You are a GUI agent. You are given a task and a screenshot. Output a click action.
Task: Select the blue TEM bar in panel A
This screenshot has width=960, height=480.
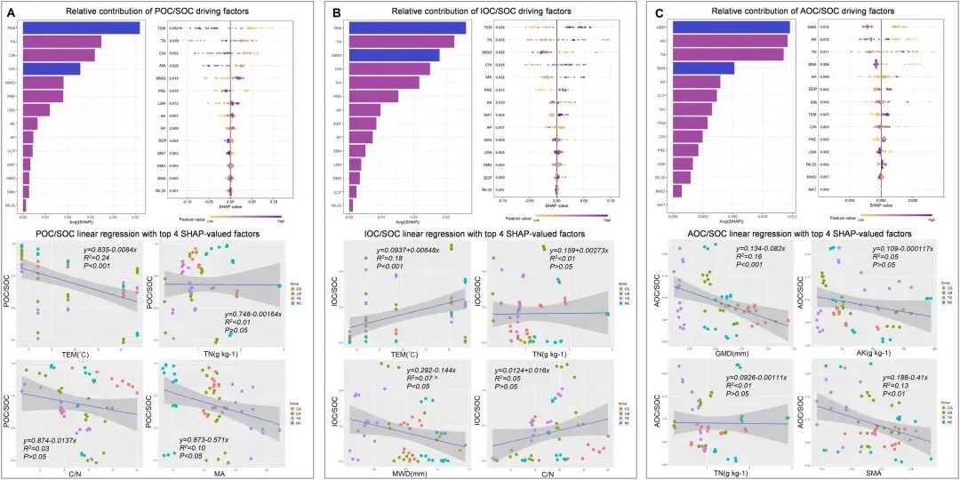tap(81, 28)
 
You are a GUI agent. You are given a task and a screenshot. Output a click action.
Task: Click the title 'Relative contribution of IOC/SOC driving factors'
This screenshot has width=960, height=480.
tap(481, 12)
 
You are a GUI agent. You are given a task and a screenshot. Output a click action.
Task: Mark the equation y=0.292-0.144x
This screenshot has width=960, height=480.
tap(431, 370)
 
